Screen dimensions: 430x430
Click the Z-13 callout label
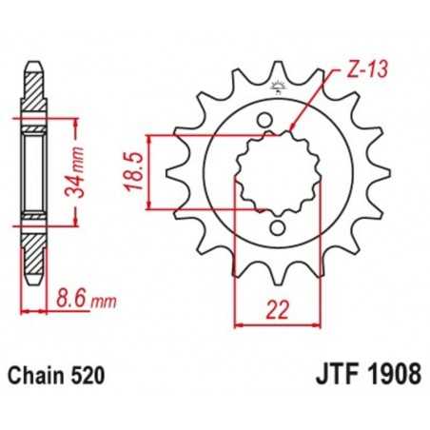353,70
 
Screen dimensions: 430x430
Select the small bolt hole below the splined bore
277,228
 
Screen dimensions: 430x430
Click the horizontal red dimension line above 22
276,323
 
